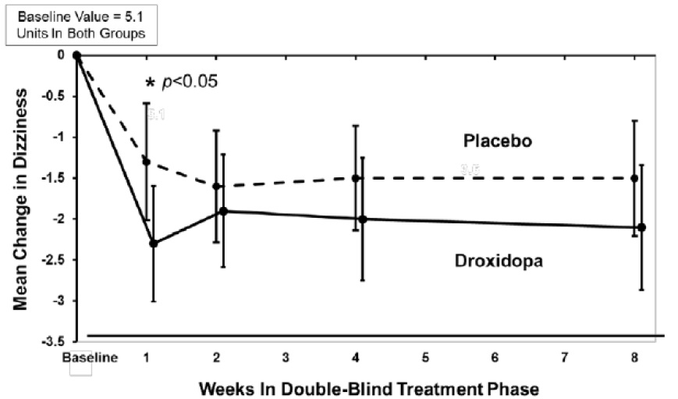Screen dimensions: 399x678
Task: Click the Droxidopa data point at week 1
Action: point(154,243)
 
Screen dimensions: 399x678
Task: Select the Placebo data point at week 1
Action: point(146,161)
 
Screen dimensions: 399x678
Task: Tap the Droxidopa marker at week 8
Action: point(641,227)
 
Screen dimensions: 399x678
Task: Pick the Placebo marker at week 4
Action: point(356,178)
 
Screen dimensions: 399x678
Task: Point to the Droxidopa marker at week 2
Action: point(223,211)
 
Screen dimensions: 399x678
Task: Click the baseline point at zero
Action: point(76,55)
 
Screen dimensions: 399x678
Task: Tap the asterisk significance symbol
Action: point(150,83)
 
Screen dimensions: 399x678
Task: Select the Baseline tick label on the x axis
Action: point(90,358)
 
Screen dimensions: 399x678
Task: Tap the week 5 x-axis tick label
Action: point(425,358)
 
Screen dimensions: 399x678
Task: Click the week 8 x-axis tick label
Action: point(636,358)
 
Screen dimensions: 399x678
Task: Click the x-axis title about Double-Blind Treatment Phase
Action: point(368,387)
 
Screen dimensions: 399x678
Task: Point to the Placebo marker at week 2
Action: point(216,186)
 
